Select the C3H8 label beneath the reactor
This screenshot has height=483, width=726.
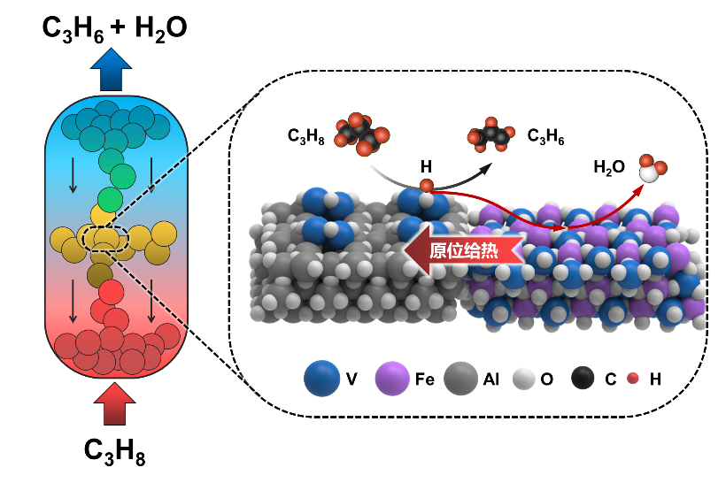coord(114,451)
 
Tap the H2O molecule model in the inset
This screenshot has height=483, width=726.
coord(653,171)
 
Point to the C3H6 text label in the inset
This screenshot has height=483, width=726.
coord(546,137)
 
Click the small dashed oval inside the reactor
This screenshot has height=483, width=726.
coord(105,237)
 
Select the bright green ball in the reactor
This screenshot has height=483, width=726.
coord(111,196)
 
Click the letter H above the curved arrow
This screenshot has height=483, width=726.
coord(426,165)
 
